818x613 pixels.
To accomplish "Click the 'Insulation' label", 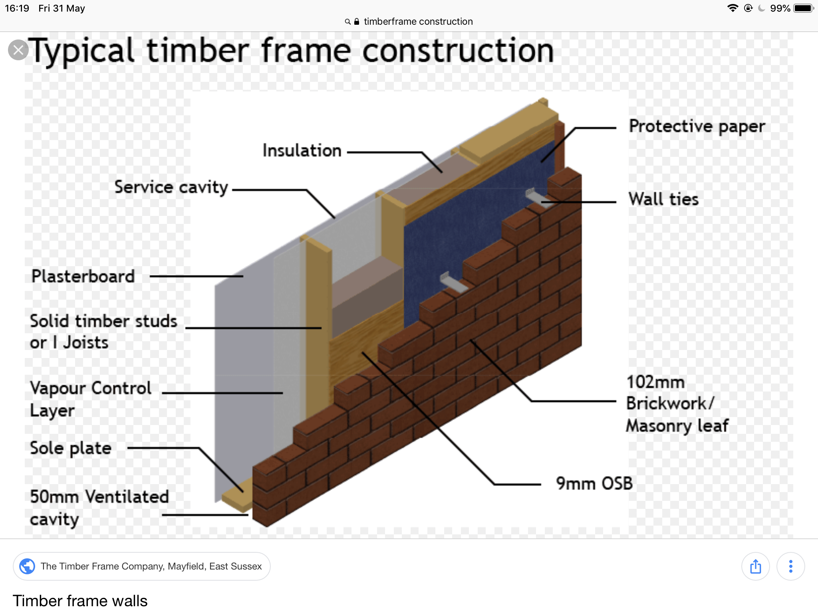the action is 302,150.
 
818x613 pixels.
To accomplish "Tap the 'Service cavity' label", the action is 171,187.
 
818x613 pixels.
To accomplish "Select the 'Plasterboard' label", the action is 83,276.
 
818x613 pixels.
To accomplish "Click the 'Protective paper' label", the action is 697,127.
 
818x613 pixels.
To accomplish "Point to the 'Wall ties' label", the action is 663,199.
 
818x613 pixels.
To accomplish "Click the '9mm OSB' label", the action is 594,483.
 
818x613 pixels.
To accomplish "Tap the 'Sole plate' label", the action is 71,448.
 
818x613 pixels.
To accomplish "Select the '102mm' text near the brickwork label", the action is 655,382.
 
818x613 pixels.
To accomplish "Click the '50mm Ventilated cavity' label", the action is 99,508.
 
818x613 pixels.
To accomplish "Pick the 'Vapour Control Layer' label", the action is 91,399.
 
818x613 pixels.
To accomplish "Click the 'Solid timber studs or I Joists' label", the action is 103,331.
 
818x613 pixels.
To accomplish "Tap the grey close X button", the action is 18,50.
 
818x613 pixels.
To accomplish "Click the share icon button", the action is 756,566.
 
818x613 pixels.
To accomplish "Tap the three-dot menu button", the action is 791,566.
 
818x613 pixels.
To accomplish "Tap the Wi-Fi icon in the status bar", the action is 733,8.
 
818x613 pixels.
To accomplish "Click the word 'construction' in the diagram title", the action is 458,51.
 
